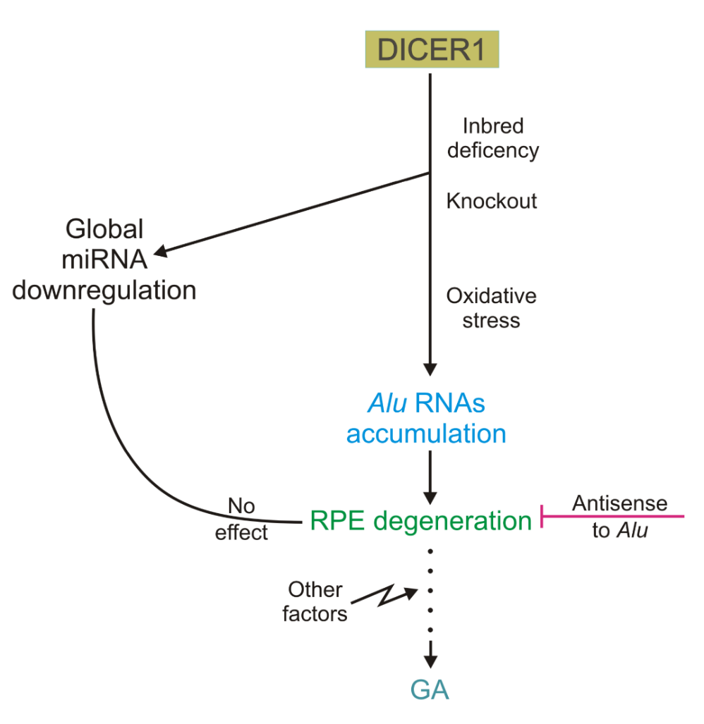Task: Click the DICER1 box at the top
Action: pos(432,50)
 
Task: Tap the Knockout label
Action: pos(492,201)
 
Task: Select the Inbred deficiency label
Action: pos(492,138)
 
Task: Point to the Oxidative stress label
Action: pos(492,308)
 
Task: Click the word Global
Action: pos(104,229)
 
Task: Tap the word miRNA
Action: pos(104,259)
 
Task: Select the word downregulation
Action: pos(104,290)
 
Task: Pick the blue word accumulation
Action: pos(426,433)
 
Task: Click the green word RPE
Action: pos(337,521)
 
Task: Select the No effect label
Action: pos(241,519)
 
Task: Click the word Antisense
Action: pos(619,503)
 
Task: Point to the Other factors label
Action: pos(315,601)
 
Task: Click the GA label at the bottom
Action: pos(430,689)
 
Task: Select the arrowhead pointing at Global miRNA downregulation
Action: pos(162,250)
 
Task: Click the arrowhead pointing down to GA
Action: pos(430,660)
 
